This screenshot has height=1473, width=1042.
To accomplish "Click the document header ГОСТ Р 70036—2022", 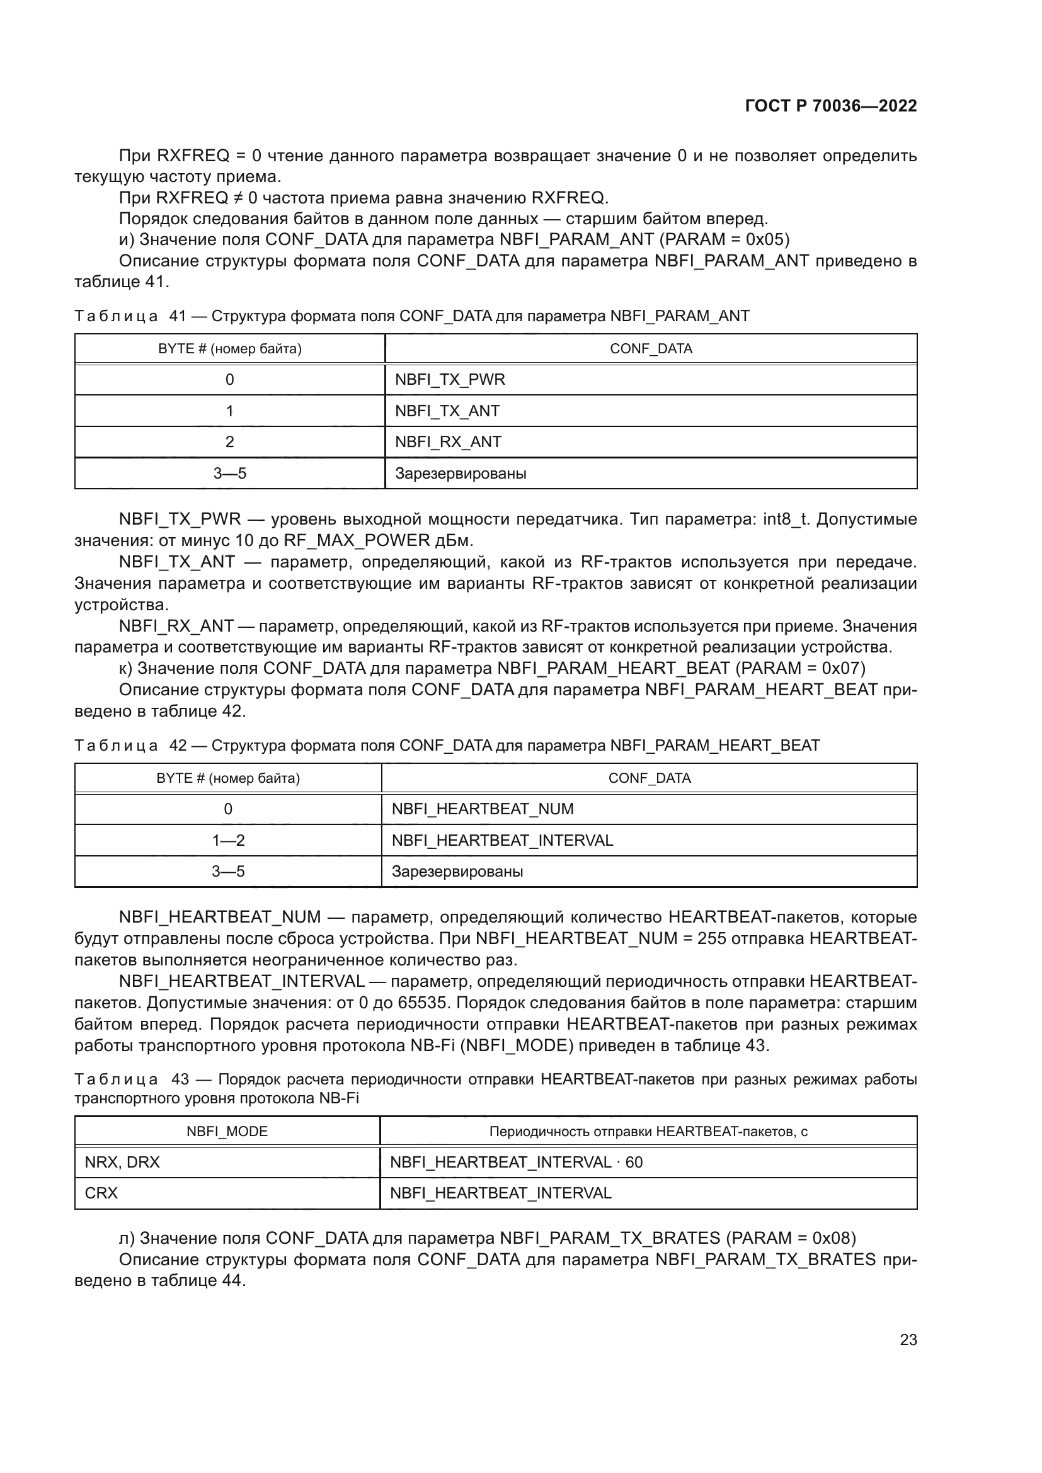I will click(830, 106).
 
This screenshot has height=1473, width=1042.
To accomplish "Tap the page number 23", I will click(908, 1339).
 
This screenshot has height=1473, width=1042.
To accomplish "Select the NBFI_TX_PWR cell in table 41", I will click(450, 379).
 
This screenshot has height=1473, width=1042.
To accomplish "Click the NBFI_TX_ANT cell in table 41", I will click(447, 411).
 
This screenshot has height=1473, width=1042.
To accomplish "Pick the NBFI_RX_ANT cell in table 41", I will click(448, 441).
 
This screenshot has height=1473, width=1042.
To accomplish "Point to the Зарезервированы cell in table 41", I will click(460, 474).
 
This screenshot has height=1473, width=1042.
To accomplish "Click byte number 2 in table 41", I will click(230, 441).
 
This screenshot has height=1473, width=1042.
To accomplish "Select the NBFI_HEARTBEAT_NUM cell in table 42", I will click(483, 809).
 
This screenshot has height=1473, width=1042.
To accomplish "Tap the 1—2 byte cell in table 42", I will click(229, 840).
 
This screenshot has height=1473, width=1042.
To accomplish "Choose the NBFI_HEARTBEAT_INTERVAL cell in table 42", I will click(501, 840).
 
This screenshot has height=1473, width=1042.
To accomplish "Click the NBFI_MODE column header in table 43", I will click(227, 1131).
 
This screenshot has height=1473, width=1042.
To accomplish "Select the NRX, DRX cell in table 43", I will click(122, 1162).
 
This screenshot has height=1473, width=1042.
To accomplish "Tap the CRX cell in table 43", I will click(101, 1193).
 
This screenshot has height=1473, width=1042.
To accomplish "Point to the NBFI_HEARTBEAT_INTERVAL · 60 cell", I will click(516, 1162).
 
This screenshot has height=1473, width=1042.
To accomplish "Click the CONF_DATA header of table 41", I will click(651, 348).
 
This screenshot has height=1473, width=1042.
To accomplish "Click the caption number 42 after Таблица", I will click(178, 746).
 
